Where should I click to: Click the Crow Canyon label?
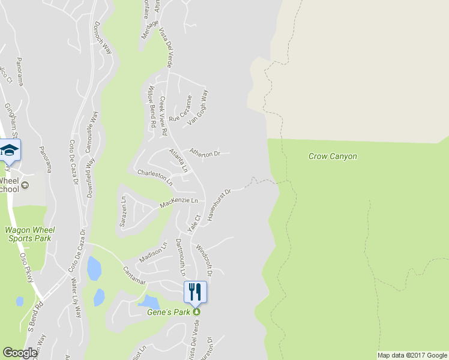click(x=333, y=157)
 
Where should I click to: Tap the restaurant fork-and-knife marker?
click(x=195, y=292)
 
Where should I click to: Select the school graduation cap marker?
click(x=9, y=150)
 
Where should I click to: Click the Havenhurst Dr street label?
click(x=219, y=206)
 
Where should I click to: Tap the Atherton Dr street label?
click(x=205, y=154)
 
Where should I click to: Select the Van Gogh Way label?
click(x=198, y=108)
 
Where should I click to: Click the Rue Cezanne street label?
click(x=180, y=110)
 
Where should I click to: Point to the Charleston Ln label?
click(x=155, y=176)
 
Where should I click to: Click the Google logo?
click(x=20, y=353)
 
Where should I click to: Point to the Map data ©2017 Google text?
click(x=412, y=355)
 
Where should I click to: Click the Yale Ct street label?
click(x=193, y=224)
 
